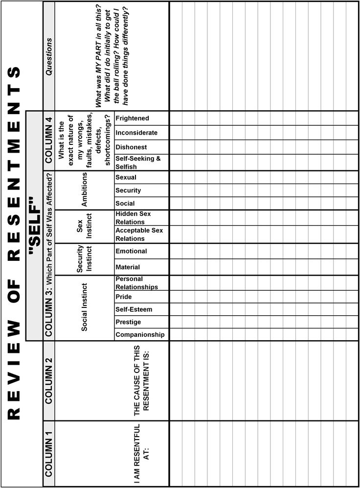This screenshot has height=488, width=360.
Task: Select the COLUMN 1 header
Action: point(49,453)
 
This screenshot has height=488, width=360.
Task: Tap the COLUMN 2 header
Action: point(49,380)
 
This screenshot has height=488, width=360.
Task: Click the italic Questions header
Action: point(49,56)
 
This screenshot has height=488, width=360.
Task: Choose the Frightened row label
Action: point(132,118)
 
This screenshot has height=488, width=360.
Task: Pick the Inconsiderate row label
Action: point(136,133)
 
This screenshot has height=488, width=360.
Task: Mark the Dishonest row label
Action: point(131,147)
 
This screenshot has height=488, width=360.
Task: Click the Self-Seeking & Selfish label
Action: point(138,163)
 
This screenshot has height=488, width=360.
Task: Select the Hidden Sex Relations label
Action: point(133,218)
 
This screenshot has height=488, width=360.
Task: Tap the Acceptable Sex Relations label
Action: point(139,234)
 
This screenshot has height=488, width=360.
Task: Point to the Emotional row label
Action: point(131,251)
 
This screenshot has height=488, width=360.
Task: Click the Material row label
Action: point(128,267)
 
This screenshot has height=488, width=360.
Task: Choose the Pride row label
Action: point(124,297)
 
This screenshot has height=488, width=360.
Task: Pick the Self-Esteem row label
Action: point(134,309)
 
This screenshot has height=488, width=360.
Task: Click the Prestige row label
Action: point(128,322)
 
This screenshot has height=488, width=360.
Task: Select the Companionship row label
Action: point(140,335)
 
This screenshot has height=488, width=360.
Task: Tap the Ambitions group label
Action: point(84,190)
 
